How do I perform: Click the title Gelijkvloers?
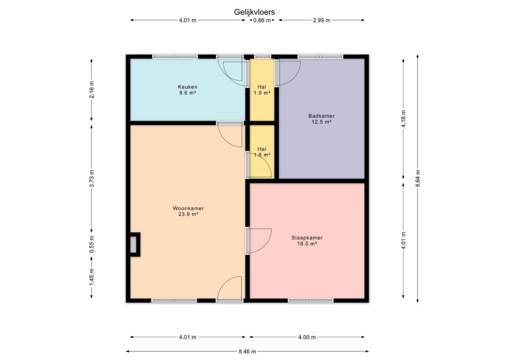[x=254, y=12]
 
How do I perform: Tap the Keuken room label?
[x=187, y=87]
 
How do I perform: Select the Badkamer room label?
[x=322, y=116]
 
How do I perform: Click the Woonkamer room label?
[x=188, y=208]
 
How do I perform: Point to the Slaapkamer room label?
[x=307, y=237]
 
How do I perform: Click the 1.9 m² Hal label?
[x=262, y=90]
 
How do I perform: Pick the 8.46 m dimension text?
[x=247, y=352]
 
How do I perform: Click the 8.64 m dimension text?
[x=418, y=178]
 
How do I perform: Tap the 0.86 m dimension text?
[x=262, y=20]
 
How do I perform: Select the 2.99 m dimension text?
[x=322, y=20]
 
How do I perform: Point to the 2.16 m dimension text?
[x=92, y=89]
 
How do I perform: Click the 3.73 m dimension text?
[x=92, y=178]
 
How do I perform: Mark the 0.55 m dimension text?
[x=92, y=244]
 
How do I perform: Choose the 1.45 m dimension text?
[x=92, y=277]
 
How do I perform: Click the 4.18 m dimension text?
[x=403, y=119]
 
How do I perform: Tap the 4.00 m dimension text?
[x=307, y=337]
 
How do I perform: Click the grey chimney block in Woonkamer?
[x=133, y=244]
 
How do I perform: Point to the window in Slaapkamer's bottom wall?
[x=310, y=301]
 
